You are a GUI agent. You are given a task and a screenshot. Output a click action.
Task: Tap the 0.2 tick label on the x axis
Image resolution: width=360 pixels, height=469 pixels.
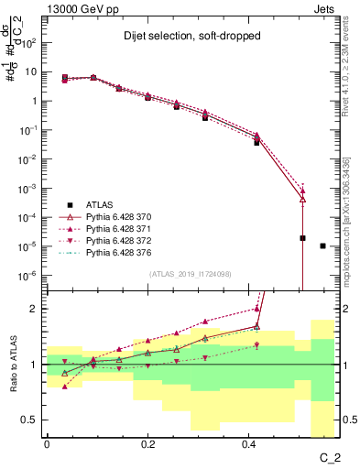click(x=147, y=443)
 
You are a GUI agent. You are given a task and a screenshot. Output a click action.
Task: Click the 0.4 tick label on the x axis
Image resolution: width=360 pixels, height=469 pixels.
click(x=249, y=443)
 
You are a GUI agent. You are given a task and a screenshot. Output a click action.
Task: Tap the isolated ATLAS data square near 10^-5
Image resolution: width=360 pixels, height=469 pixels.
click(x=322, y=245)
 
